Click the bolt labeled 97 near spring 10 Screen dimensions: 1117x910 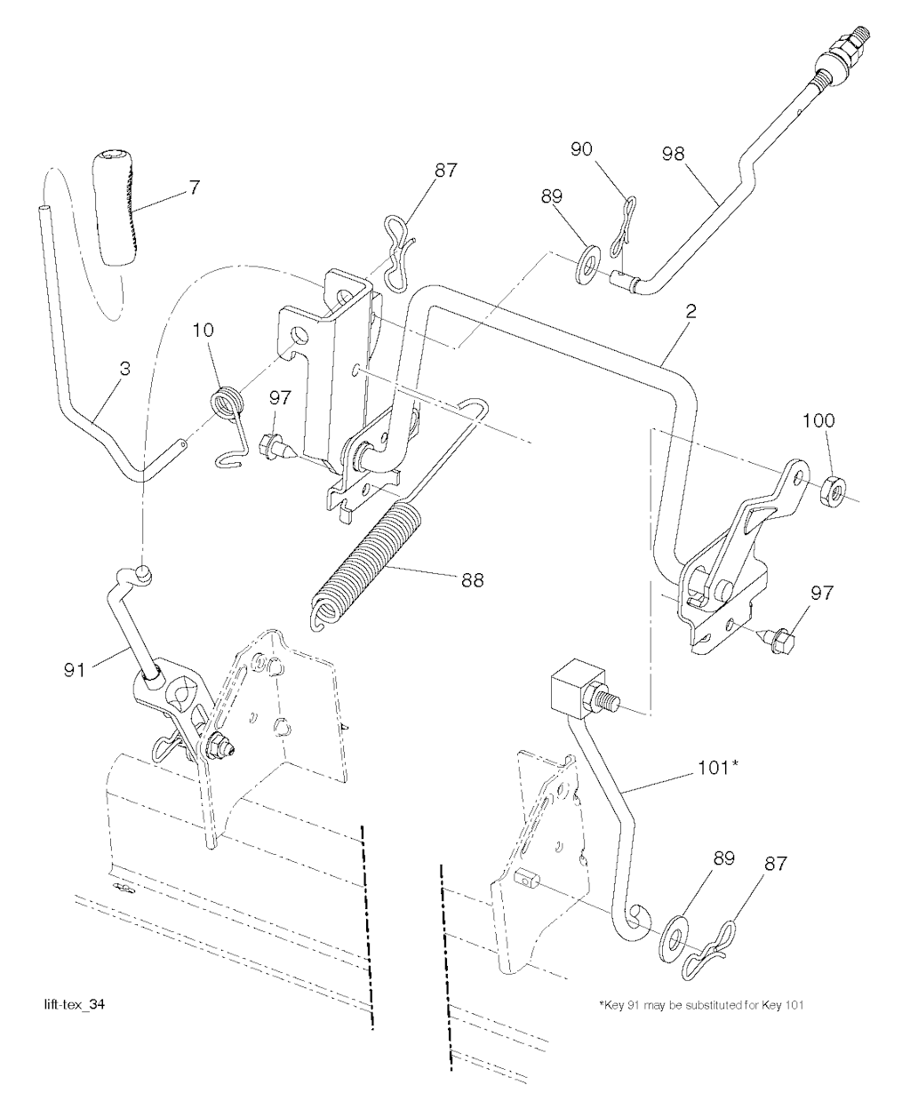pos(273,443)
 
